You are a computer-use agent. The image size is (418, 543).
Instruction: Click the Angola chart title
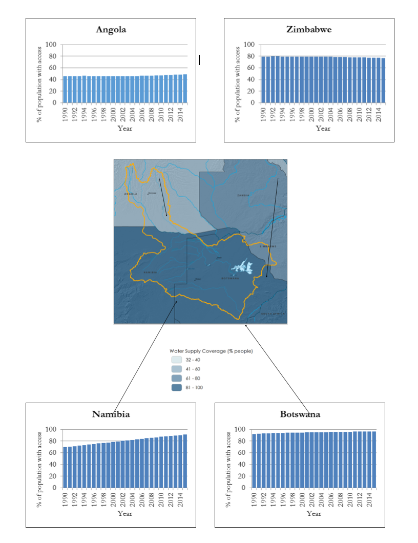[x=111, y=30]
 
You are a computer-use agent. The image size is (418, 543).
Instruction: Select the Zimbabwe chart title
[x=309, y=30]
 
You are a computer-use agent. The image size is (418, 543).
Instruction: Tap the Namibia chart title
[x=111, y=414]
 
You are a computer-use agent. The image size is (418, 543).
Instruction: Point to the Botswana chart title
[x=300, y=414]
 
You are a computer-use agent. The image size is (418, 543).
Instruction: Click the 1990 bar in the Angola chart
[x=65, y=89]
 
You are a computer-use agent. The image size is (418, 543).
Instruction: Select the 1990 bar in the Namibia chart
[x=65, y=467]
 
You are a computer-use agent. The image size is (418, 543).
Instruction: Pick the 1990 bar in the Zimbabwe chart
[x=263, y=79]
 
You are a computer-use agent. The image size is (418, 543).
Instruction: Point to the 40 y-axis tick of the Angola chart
[x=53, y=79]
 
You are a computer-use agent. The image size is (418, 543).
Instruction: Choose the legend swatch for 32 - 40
[x=176, y=360]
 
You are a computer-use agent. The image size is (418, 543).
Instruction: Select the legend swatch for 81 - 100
[x=176, y=387]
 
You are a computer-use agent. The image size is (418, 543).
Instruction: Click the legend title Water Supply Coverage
[x=211, y=351]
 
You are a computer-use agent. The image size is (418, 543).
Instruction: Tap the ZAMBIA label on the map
[x=243, y=196]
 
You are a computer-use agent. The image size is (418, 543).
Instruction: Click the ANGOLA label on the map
[x=131, y=195]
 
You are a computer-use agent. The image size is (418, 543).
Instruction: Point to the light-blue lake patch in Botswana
[x=241, y=267]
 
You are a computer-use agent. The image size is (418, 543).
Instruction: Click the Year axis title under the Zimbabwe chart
[x=323, y=128]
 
